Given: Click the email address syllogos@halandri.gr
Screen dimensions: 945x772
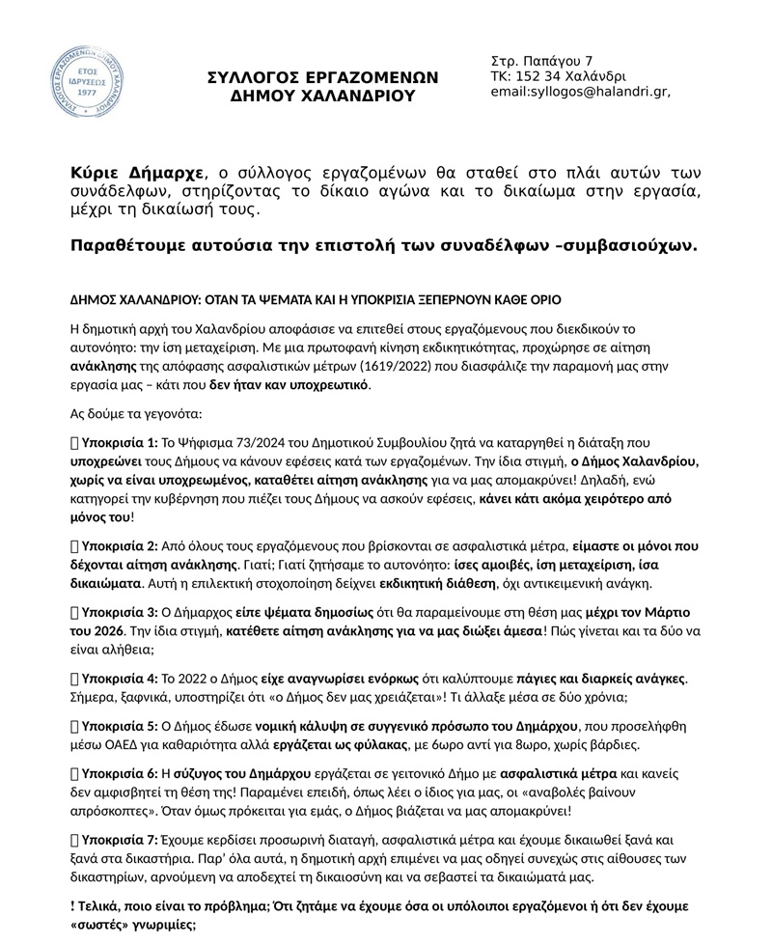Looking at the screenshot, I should pos(580,92).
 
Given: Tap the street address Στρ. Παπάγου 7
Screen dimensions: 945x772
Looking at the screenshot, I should pos(541,61).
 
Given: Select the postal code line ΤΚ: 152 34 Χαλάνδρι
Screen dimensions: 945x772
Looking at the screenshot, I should pos(558,76).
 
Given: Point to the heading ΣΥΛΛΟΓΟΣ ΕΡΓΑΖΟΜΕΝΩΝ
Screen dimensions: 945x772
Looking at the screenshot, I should pos(323,77).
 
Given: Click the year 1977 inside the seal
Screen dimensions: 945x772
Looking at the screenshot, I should pos(87,93).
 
